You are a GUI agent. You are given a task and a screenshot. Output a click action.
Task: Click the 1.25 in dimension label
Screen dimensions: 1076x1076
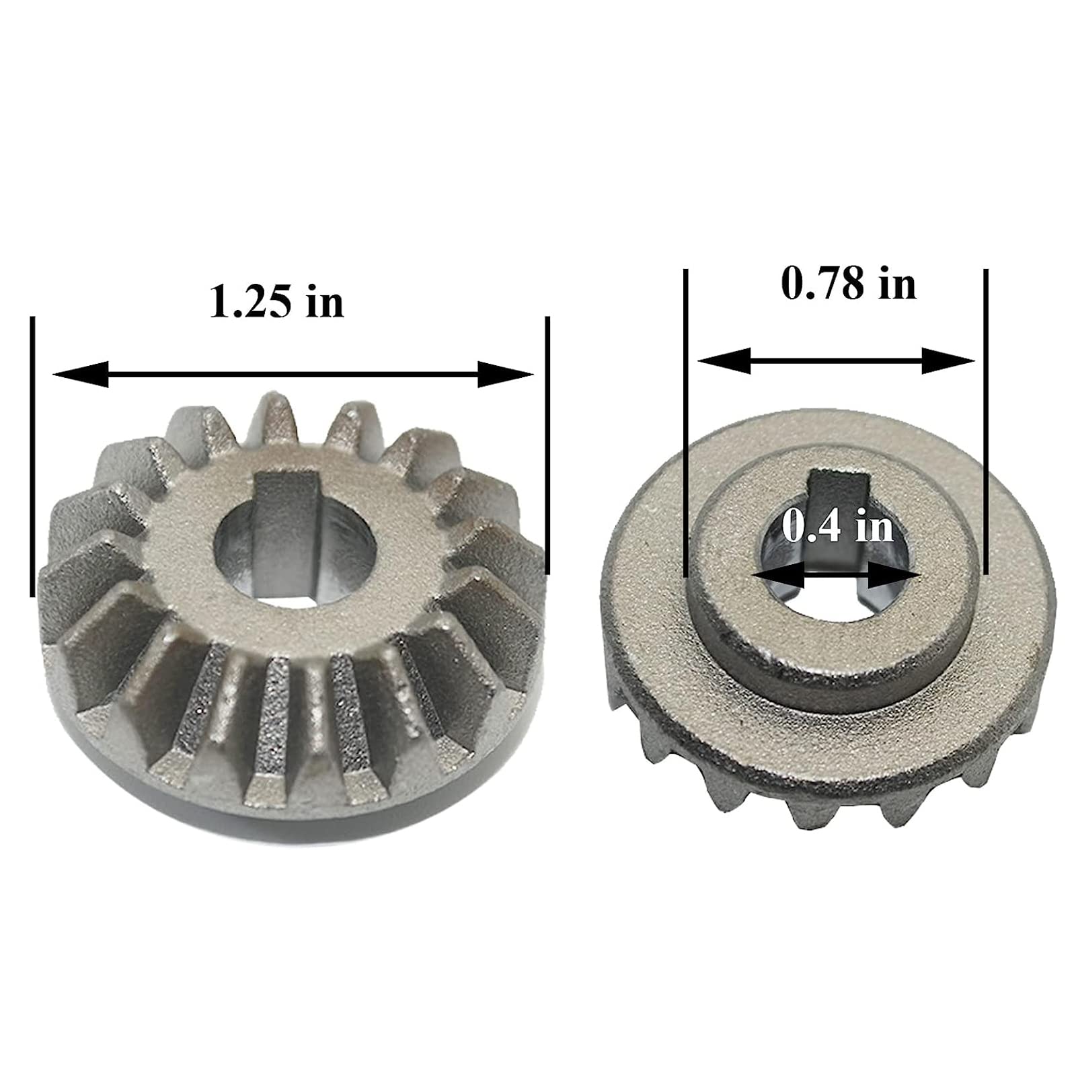tap(276, 302)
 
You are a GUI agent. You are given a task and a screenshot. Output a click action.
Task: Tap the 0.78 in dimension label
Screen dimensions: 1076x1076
tap(849, 283)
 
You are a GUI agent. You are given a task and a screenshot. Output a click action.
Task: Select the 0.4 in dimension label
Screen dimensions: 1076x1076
tap(838, 527)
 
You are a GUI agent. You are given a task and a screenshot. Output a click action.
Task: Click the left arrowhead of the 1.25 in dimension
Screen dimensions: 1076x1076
tap(80, 374)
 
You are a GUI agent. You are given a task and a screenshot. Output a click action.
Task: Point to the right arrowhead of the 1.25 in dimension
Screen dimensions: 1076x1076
tap(505, 374)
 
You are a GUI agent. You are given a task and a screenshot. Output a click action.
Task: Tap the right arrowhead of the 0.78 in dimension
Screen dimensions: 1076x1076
tap(948, 361)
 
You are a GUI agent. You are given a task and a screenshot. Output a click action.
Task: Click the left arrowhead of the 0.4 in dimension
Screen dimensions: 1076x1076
tap(779, 576)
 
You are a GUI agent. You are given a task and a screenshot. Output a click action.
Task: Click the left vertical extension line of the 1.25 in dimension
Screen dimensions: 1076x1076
tap(32, 457)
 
